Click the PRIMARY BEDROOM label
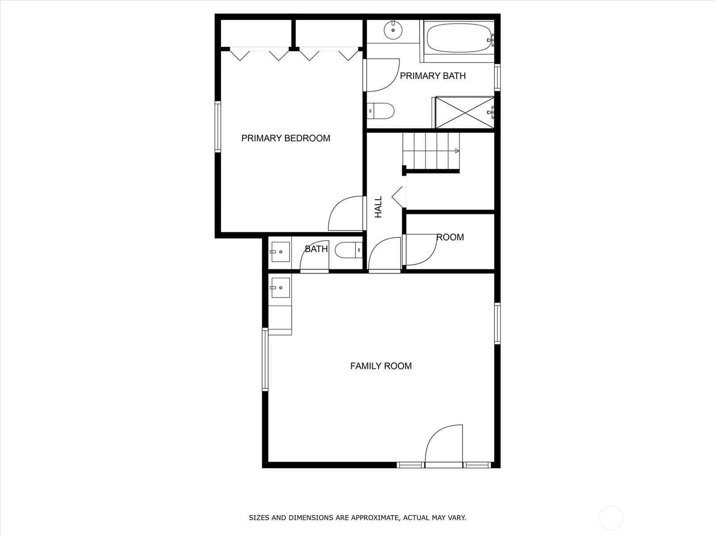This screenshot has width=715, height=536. tap(286, 138)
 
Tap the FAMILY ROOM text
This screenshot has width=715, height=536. tap(381, 366)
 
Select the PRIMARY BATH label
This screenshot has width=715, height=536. tap(433, 76)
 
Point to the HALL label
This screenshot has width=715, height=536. tap(379, 207)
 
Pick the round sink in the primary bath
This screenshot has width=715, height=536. tap(393, 30)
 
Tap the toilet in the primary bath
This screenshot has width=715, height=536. tap(381, 111)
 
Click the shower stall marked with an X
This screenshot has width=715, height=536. tap(465, 112)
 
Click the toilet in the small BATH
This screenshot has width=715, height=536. tap(349, 250)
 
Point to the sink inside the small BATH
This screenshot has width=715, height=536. tap(280, 252)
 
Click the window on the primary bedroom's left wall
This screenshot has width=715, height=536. tap(218, 127)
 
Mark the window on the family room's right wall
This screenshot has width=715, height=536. tap(497, 323)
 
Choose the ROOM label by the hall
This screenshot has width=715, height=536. tap(450, 238)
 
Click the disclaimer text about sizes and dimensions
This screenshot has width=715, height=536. tap(357, 518)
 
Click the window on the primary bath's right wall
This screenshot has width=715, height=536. tap(497, 78)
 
